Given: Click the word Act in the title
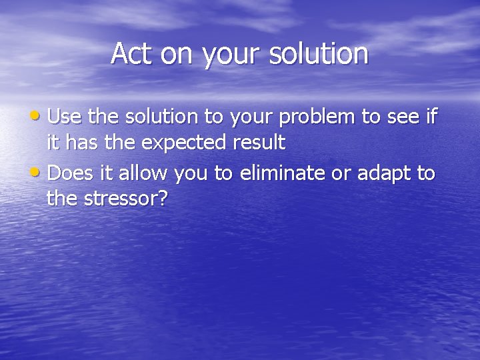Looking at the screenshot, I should [131, 53].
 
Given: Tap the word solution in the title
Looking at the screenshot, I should [319, 53].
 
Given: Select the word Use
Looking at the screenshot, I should [65, 117].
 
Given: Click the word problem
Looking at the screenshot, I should [317, 117].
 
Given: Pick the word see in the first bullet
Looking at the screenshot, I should [403, 118].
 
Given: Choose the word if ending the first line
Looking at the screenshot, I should [431, 117].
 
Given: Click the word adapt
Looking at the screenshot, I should [383, 175].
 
